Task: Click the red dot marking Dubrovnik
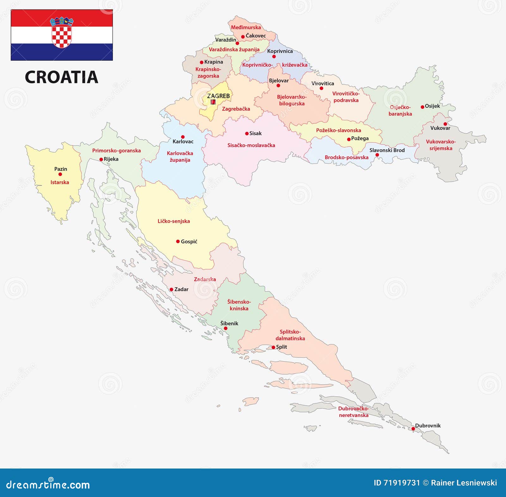[413, 429]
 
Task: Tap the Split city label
[281, 347]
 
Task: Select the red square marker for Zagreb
[213, 102]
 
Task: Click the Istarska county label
[59, 182]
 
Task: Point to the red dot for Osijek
[423, 107]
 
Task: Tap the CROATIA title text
[61, 77]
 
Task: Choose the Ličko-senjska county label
[174, 221]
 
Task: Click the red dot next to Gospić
[178, 241]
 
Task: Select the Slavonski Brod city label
[387, 150]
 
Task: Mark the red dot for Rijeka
[101, 159]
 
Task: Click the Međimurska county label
[246, 27]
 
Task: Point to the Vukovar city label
[440, 128]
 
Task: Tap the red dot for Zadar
[171, 289]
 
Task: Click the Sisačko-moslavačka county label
[251, 145]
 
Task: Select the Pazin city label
[61, 169]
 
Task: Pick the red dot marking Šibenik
[225, 328]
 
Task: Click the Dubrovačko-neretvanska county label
[354, 412]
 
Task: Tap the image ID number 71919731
[401, 483]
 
